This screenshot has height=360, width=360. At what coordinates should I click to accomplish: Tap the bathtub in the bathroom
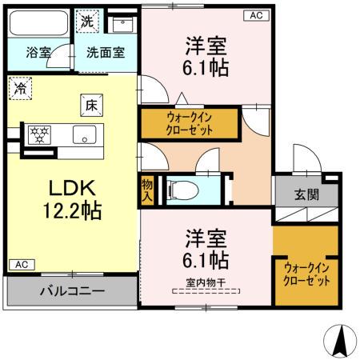[x=39, y=22]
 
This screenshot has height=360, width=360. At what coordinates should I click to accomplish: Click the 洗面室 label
[x=106, y=54]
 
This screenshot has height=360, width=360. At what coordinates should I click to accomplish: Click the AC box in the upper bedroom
[x=255, y=15]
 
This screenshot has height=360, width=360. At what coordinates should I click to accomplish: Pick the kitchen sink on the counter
[x=84, y=134]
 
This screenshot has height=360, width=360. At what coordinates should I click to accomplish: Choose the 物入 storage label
[x=147, y=190]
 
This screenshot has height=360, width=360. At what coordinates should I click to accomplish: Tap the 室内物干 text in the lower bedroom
[x=206, y=281]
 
